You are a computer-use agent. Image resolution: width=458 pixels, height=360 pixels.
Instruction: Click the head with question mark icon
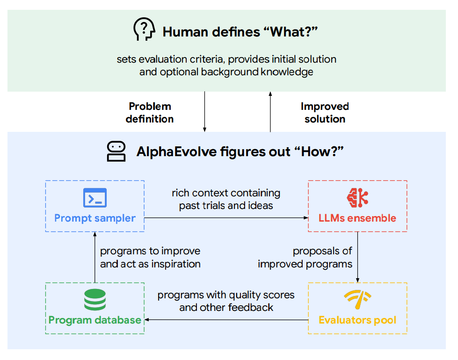144,29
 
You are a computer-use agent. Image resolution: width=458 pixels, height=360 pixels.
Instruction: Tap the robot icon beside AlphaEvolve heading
116,151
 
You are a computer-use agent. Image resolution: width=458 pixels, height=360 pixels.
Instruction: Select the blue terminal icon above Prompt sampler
95,198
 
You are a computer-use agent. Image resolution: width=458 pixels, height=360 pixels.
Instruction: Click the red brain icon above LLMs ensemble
357,198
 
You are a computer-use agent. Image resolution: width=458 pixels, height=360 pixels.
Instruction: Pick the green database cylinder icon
95,300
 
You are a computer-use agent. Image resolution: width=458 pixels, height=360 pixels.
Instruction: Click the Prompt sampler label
95,218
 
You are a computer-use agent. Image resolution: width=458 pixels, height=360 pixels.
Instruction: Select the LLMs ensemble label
357,218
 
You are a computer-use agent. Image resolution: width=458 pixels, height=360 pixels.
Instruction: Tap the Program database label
95,320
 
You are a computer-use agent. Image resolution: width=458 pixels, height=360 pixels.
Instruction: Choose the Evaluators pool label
357,320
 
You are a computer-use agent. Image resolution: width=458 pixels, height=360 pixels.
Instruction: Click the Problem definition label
150,113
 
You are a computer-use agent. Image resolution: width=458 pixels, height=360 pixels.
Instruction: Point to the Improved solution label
325,113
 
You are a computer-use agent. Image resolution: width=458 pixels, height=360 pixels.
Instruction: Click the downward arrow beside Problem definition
205,112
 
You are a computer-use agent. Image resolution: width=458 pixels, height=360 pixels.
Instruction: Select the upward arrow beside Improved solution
270,112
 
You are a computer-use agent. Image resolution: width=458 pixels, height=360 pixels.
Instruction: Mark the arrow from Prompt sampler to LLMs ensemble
226,218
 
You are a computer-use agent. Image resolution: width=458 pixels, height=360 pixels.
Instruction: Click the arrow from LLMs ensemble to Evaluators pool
357,257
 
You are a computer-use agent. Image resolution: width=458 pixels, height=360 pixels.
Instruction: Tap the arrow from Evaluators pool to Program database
226,320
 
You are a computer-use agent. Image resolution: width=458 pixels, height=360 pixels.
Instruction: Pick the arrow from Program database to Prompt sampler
95,257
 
